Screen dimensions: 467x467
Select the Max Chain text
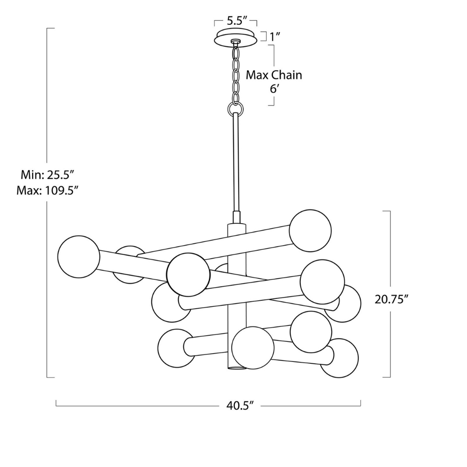tap(274, 75)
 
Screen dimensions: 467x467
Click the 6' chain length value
tap(274, 89)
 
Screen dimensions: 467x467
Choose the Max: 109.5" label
tap(47, 190)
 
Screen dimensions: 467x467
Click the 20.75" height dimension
tap(392, 299)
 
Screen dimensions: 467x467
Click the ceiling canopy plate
tap(236, 38)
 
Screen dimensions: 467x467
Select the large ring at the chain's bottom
tap(235, 109)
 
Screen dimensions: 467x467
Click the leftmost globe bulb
tap(78, 256)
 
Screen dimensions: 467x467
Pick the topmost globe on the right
tap(310, 230)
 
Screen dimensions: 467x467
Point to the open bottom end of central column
tap(237, 368)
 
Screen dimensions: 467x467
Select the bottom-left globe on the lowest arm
tap(176, 348)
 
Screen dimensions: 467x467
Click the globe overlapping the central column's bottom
tap(253, 347)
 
